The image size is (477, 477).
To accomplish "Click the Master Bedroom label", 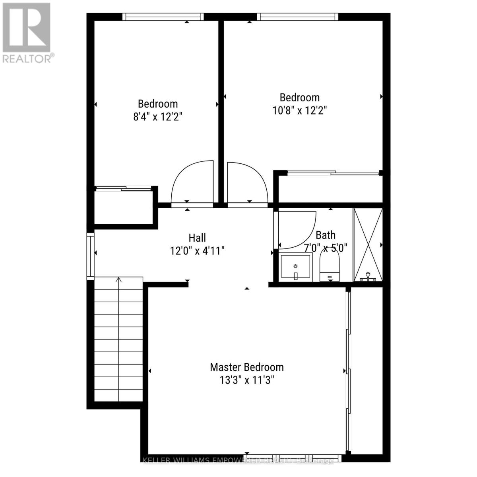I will coord(246,367).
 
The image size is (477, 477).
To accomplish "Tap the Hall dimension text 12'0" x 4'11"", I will coord(197,251).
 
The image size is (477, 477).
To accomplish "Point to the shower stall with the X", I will coord(368,244).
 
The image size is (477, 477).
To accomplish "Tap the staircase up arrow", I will coord(118,280).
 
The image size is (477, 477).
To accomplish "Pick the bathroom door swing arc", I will coord(296,229).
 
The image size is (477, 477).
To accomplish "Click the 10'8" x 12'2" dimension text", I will coord(300,111).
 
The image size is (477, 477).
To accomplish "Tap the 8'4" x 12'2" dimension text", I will coord(157,117).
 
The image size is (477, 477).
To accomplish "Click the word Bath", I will coord(326,235).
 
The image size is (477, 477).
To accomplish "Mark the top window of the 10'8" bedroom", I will coord(297,17).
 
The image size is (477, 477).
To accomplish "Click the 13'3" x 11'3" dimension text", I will coord(246,380).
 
